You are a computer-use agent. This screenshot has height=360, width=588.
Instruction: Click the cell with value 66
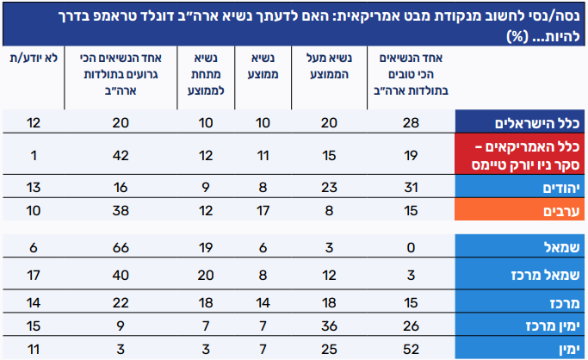pyautogui.click(x=120, y=250)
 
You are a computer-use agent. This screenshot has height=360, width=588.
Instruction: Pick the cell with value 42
pyautogui.click(x=120, y=155)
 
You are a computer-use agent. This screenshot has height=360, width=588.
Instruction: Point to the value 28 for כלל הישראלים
pyautogui.click(x=409, y=121)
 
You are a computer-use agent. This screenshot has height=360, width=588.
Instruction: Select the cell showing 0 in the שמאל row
pyautogui.click(x=409, y=250)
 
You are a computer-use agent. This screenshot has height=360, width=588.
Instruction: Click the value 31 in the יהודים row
pyautogui.click(x=409, y=186)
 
